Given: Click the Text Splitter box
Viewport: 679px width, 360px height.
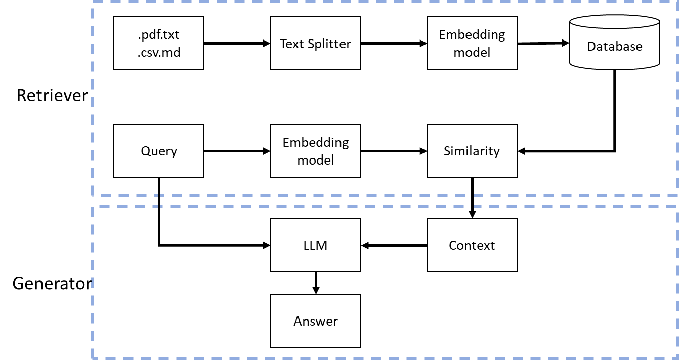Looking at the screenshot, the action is [316, 44].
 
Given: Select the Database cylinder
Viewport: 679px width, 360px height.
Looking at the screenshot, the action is [615, 43].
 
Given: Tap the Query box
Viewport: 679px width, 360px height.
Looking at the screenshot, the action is [159, 151].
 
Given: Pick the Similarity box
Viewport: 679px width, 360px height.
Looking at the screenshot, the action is [472, 151].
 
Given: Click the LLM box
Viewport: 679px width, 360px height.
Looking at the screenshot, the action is [316, 245].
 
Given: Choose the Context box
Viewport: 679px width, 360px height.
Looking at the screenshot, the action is [472, 245].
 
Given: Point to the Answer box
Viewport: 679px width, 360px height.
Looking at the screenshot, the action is [316, 321].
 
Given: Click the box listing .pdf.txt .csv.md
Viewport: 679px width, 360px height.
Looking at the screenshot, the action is [159, 44].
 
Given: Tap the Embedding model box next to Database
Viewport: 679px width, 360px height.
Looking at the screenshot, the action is [472, 44].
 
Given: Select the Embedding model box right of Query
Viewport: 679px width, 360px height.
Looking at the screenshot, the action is [316, 151].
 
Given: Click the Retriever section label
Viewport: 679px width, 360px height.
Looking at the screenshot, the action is [52, 95].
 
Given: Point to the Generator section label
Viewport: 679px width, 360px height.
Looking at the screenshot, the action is [52, 284].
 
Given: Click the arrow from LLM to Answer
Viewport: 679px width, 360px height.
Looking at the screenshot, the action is [316, 283].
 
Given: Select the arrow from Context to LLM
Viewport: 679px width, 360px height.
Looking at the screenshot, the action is [394, 246].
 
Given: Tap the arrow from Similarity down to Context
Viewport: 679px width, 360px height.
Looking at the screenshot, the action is [472, 198].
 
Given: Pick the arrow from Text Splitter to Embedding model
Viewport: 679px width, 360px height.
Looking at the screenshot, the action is [394, 44].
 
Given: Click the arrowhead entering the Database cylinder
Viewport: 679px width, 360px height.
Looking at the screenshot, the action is [566, 43].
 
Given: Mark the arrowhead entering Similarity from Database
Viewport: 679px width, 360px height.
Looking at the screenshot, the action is [521, 151].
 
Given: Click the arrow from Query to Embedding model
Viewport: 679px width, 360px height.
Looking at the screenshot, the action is [237, 151].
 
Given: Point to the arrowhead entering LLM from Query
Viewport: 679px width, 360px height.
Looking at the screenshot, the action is [267, 245].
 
